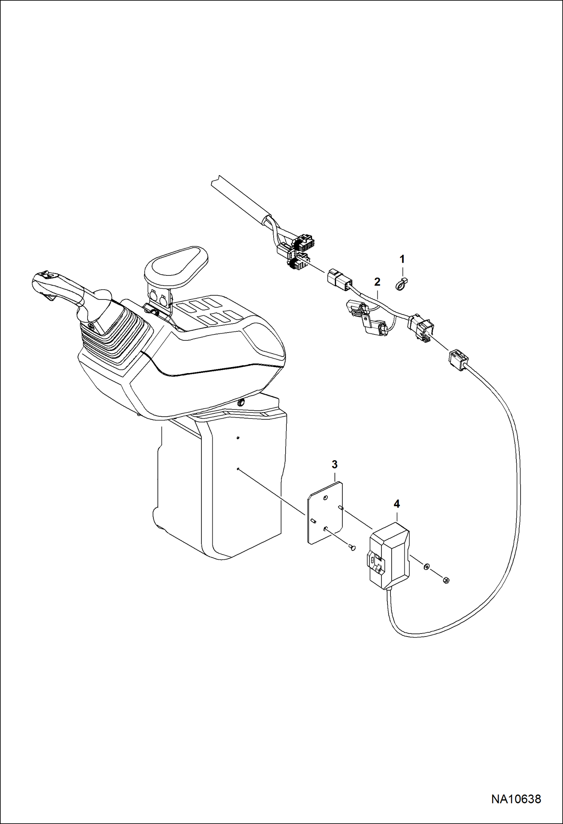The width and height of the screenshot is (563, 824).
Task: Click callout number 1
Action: [x=402, y=259]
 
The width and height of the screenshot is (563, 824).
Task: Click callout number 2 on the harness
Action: [x=377, y=281]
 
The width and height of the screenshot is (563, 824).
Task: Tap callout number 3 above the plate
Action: [x=334, y=464]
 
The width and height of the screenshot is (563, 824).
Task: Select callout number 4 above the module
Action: [x=397, y=504]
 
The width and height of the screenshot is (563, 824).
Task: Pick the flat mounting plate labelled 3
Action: [x=325, y=513]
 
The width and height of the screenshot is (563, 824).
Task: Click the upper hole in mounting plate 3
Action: [x=325, y=497]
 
